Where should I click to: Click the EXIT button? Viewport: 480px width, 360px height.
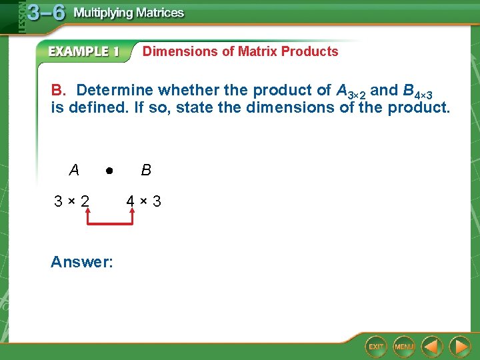pos(376,347)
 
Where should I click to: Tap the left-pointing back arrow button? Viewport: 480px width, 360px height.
pos(433,347)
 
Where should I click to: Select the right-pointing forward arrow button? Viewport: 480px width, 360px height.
pos(459,347)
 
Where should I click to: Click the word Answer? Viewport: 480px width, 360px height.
pos(81,262)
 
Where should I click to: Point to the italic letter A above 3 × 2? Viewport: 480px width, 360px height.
pos(74,170)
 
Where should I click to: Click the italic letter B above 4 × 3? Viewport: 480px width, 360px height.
pos(146,170)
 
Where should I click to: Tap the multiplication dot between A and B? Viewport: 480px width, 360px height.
pos(108,170)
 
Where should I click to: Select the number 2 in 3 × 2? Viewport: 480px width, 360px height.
pos(85,201)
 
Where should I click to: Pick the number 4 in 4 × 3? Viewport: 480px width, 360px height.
pos(131,201)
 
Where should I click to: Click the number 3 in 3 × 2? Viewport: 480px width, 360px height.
pos(59,201)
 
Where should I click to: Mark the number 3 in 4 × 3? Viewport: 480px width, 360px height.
pos(157,201)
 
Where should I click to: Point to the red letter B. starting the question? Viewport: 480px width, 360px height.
pos(58,90)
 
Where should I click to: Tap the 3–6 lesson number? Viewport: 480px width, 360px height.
pos(46,13)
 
